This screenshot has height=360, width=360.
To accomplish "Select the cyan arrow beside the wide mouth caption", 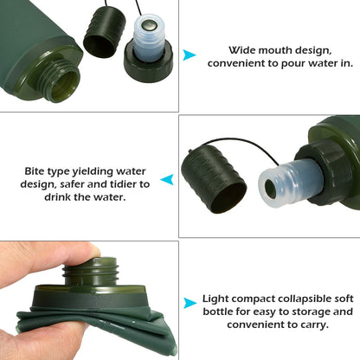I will (190, 55).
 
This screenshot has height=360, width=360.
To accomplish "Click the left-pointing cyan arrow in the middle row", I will (167, 180).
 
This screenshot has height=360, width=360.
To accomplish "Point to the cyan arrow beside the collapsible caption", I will (190, 304).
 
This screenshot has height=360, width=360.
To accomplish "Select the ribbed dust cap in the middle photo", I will (215, 180).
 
